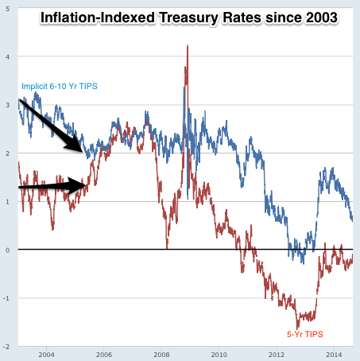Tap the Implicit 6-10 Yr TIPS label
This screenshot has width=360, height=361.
pyautogui.click(x=57, y=87)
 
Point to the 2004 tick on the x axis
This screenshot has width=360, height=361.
pyautogui.click(x=46, y=354)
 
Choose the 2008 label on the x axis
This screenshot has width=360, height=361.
pyautogui.click(x=161, y=354)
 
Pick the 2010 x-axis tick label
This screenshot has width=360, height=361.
pyautogui.click(x=219, y=354)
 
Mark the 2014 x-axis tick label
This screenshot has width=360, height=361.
pyautogui.click(x=334, y=354)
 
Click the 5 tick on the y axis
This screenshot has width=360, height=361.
pyautogui.click(x=7, y=8)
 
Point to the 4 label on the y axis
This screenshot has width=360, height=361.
pyautogui.click(x=7, y=56)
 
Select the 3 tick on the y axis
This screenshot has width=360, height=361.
pyautogui.click(x=7, y=105)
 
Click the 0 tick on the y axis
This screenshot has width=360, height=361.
pyautogui.click(x=7, y=250)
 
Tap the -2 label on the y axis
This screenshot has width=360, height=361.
pyautogui.click(x=6, y=347)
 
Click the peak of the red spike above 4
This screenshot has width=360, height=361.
pyautogui.click(x=187, y=45)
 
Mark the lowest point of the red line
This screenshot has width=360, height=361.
pyautogui.click(x=298, y=328)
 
